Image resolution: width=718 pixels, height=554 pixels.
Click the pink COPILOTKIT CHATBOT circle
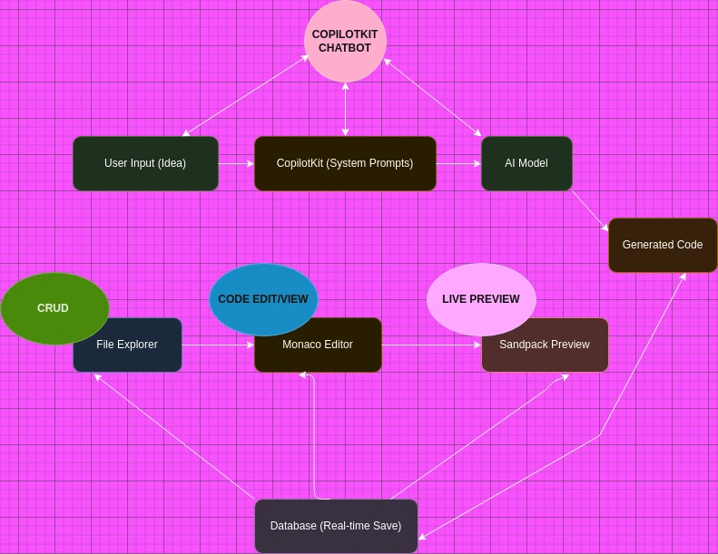(x=345, y=41)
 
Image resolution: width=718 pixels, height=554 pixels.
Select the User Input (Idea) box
(x=145, y=163)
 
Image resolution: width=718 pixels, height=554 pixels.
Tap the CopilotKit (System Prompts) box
(x=345, y=163)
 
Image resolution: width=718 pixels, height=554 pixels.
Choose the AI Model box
(x=526, y=163)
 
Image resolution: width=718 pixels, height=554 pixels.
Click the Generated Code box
(x=663, y=245)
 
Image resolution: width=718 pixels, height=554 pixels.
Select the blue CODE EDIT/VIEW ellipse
(x=263, y=299)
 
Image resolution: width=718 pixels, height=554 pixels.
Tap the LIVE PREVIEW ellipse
(x=481, y=299)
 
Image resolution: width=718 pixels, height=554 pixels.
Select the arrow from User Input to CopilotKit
(x=236, y=163)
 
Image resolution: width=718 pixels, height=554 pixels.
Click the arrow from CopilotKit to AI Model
(x=458, y=163)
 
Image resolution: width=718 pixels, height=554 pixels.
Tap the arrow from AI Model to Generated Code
(x=590, y=210)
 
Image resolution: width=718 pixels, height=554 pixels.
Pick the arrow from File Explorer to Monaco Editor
(x=218, y=345)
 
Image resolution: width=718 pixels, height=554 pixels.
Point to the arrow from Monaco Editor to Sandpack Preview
(x=431, y=345)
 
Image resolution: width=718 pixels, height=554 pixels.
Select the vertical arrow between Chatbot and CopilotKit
(x=345, y=109)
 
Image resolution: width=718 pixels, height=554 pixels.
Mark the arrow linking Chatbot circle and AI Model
(x=432, y=98)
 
